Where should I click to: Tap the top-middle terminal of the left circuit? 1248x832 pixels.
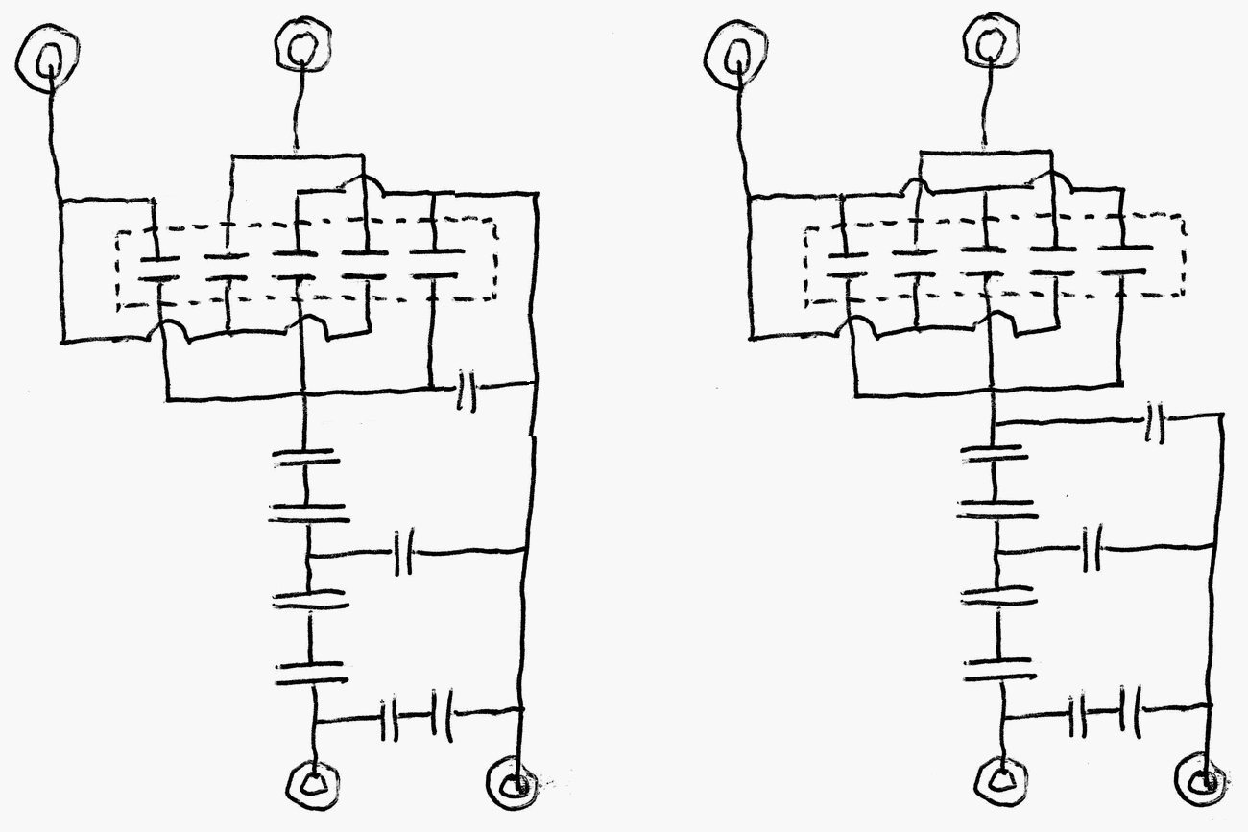302,44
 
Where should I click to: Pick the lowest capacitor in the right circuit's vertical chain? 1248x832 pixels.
1001,669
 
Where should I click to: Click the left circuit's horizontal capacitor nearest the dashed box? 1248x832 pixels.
466,389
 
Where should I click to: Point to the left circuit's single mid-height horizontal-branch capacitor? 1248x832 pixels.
404,555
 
